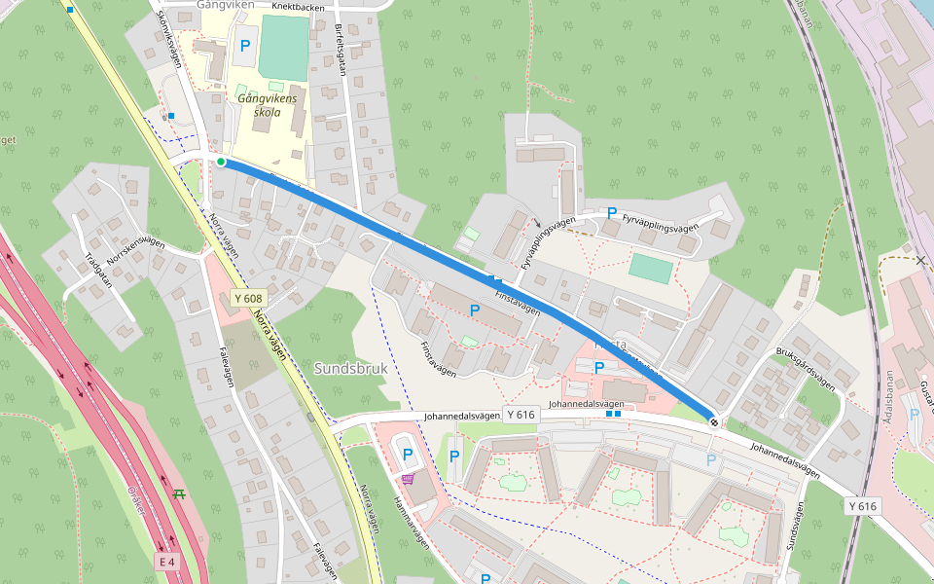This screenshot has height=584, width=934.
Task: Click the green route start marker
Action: (221, 162)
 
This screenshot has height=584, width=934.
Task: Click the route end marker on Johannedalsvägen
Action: (714, 421)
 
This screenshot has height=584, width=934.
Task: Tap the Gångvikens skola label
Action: (259, 105)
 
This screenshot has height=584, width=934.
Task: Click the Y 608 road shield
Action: (248, 298)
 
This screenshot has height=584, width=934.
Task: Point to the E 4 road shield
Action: (168, 563)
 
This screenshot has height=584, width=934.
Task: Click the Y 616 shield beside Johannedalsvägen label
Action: (521, 415)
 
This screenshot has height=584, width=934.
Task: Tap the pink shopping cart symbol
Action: (407, 478)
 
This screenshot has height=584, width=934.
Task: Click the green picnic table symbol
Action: (178, 494)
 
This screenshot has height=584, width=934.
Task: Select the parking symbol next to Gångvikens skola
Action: (244, 46)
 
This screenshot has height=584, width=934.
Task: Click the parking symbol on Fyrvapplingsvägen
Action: (612, 212)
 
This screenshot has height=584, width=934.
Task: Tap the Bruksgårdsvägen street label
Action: (806, 368)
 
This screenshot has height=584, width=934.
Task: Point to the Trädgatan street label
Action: (98, 272)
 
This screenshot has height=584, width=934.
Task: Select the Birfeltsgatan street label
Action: (341, 49)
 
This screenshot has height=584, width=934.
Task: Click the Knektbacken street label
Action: (299, 6)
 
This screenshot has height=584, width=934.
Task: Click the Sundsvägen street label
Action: (796, 527)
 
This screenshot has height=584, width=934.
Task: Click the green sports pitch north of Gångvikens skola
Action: (283, 47)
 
